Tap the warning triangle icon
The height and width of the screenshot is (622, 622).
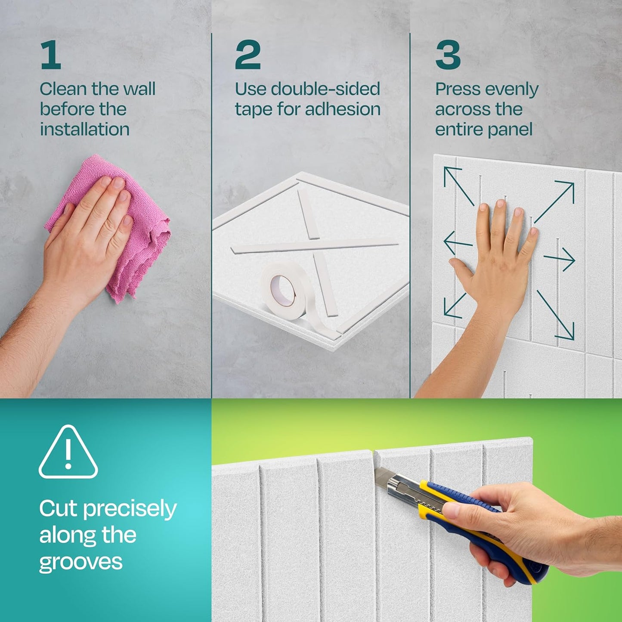coord(68,453)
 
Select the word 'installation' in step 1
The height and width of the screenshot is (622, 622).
coord(85,129)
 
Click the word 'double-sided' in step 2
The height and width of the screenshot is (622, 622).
coord(325,89)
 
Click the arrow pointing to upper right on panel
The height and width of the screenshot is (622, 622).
coord(555,200)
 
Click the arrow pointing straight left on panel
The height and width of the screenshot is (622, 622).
coord(458,244)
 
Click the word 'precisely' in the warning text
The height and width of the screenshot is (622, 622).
coord(130,509)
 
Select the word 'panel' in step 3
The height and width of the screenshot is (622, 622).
coord(511,129)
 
